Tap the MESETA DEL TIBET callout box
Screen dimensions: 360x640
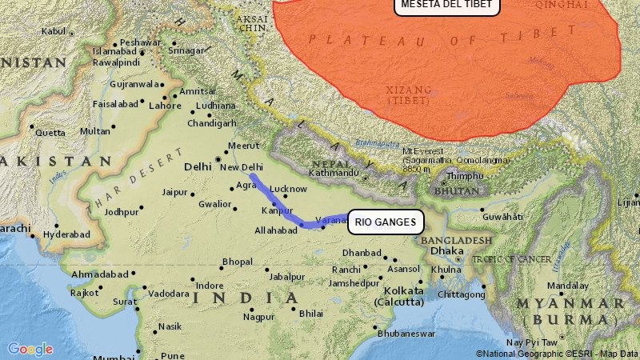pos(447,4)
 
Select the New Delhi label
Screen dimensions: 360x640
pos(241,167)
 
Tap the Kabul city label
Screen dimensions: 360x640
pos(53,31)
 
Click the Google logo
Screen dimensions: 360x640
pos(30,349)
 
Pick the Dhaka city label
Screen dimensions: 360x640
pos(446,250)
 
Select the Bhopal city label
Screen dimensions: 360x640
pos(238,262)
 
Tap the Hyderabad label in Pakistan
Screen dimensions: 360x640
pos(67,234)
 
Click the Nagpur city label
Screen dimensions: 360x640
pos(258,317)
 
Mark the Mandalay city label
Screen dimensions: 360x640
pos(568,286)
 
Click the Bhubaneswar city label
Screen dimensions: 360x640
pos(406,333)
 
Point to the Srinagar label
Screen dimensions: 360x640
pos(188,50)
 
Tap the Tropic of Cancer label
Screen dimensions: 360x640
pos(511,258)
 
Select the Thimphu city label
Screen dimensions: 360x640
pos(465,176)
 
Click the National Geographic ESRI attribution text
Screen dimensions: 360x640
pos(557,353)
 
